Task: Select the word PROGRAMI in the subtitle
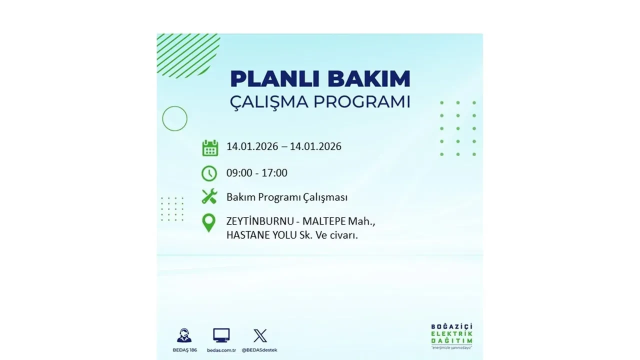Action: pos(361,101)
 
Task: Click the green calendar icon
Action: pos(210,148)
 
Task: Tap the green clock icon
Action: pos(209,173)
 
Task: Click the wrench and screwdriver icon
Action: pos(209,196)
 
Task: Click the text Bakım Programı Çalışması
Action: pos(286,197)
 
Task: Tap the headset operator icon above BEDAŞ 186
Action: pos(184,335)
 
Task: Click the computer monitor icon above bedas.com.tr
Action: pos(221,335)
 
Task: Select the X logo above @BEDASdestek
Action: pos(260,335)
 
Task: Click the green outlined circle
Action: pos(174,118)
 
